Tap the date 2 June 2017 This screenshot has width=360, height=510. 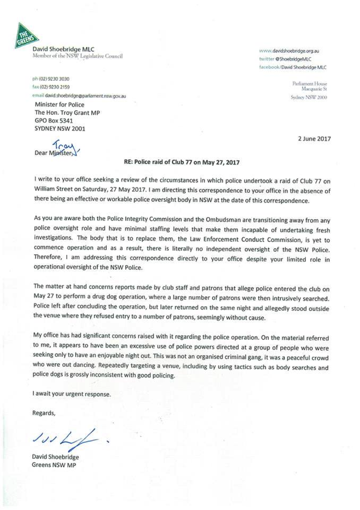pyautogui.click(x=314, y=139)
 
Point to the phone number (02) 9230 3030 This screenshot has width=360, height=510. pyautogui.click(x=54, y=79)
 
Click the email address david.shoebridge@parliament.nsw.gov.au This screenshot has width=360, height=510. pyautogui.click(x=85, y=96)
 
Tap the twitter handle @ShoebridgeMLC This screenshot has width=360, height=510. pyautogui.click(x=293, y=59)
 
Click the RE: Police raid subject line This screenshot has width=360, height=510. pyautogui.click(x=182, y=162)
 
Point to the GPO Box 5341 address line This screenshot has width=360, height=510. pyautogui.click(x=54, y=121)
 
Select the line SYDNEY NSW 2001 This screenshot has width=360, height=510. pyautogui.click(x=60, y=129)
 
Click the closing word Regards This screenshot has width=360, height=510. pyautogui.click(x=44, y=413)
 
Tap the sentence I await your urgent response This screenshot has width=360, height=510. pyautogui.click(x=72, y=394)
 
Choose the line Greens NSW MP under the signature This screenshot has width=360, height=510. pyautogui.click(x=54, y=465)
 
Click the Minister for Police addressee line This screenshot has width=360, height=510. pyautogui.click(x=59, y=104)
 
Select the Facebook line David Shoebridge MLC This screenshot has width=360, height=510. pyautogui.click(x=304, y=67)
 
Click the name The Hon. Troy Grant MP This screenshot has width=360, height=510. pyautogui.click(x=67, y=113)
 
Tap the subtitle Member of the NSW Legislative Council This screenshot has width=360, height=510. pyautogui.click(x=78, y=56)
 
